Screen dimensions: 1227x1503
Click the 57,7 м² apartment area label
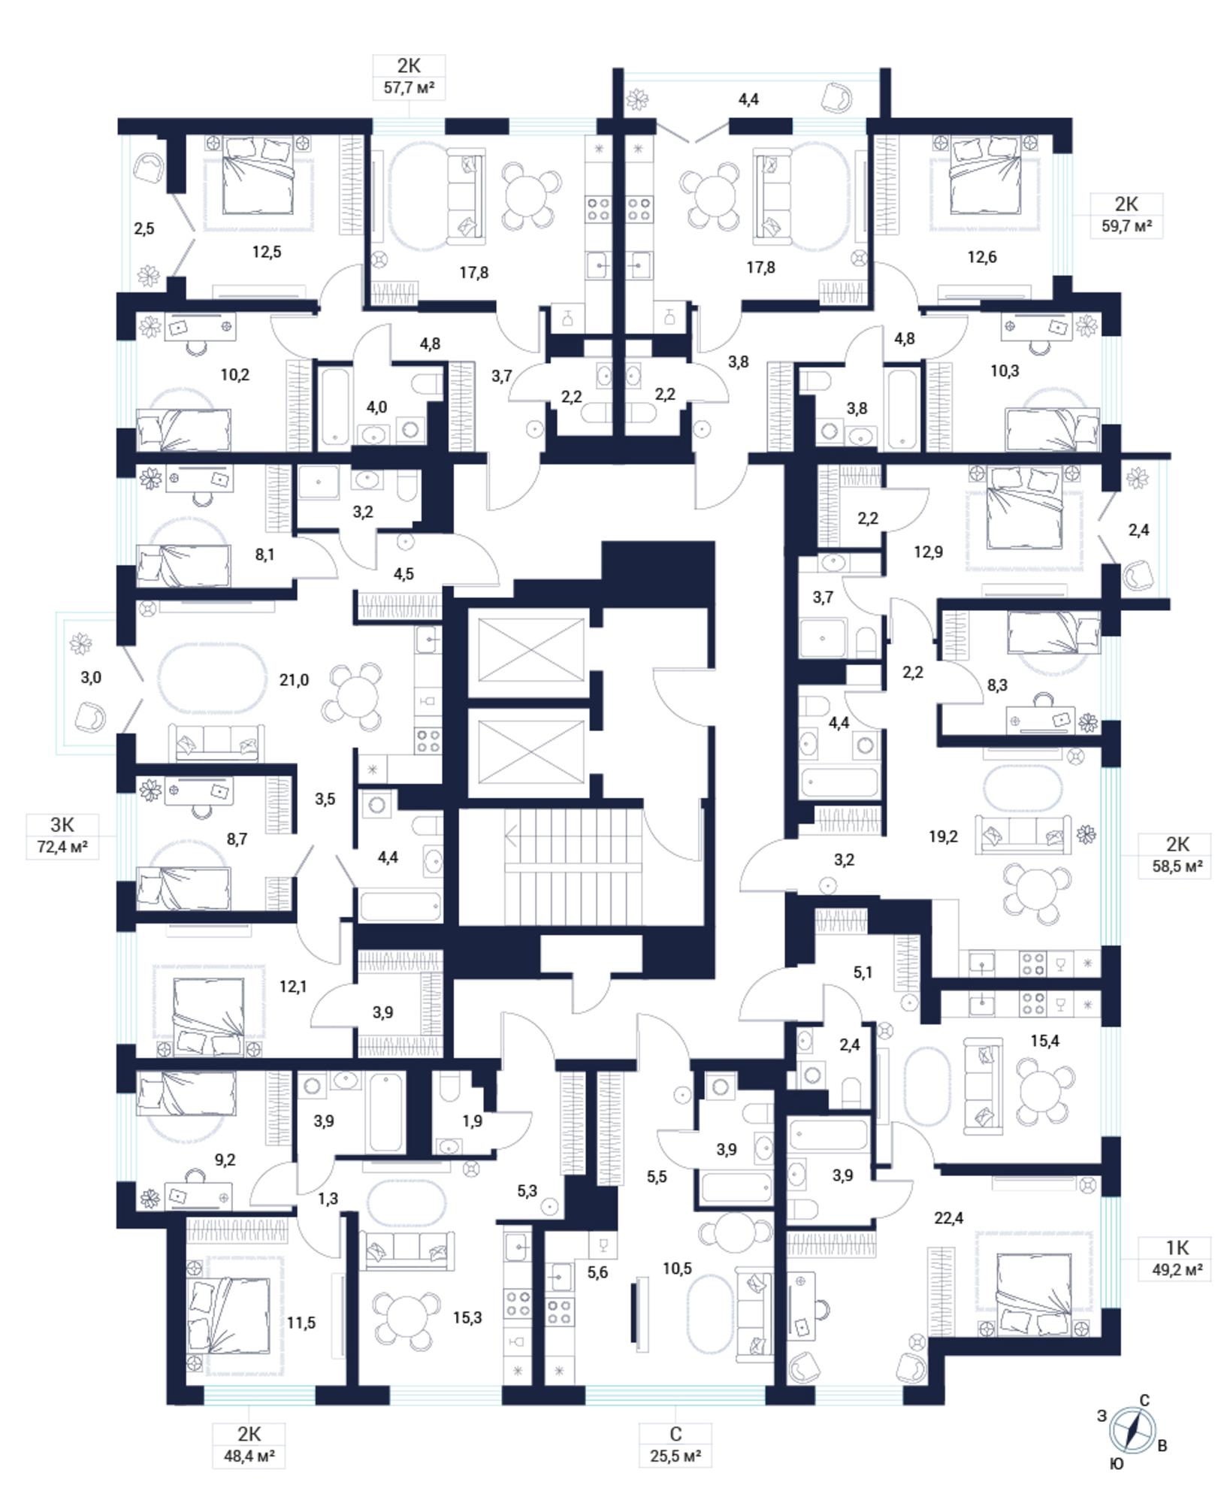coord(410,88)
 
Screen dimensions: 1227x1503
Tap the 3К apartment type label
coord(62,824)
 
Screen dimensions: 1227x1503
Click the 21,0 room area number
coord(294,680)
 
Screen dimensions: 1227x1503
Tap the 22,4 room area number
coord(948,1218)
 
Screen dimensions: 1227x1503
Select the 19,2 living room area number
coord(943,836)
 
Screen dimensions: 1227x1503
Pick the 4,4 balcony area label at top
coord(749,98)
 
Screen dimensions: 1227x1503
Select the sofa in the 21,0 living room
coord(216,742)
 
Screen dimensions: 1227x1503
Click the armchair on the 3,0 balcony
coord(90,718)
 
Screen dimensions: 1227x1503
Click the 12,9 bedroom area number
coord(928,552)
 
